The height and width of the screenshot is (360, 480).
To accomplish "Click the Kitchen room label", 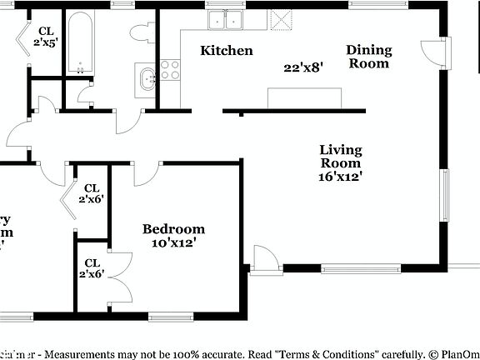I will click(x=227, y=51).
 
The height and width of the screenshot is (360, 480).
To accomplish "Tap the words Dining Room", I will click(x=369, y=57).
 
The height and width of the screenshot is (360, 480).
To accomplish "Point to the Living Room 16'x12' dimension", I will click(x=341, y=176).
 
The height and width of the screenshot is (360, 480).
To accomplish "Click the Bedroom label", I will click(x=173, y=229).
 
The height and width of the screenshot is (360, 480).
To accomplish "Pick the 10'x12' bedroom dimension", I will click(x=173, y=243).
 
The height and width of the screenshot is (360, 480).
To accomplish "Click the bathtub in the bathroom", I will click(x=81, y=42).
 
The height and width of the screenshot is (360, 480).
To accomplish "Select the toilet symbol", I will click(x=140, y=32).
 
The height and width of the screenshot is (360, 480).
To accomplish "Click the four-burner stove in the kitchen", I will click(x=171, y=69).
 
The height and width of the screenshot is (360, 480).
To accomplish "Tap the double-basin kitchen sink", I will click(x=226, y=20).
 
